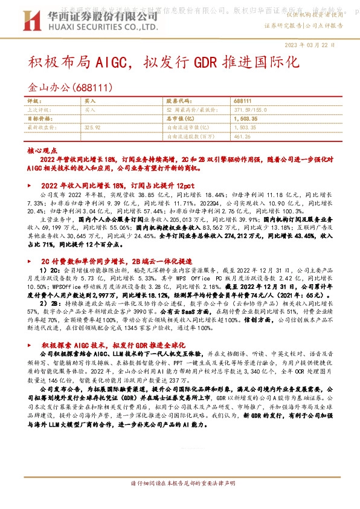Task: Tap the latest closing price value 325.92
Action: click(92, 128)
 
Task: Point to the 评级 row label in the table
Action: click(34, 102)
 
